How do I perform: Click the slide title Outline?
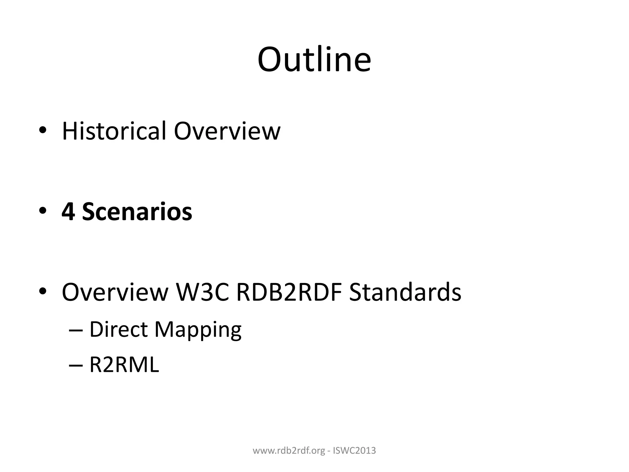click(314, 60)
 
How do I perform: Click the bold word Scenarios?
click(137, 212)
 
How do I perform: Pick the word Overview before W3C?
click(115, 292)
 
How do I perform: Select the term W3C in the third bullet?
click(202, 292)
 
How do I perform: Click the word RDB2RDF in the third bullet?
click(289, 292)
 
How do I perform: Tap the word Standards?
click(405, 292)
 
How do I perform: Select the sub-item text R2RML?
click(124, 365)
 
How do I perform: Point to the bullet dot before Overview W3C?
click(42, 291)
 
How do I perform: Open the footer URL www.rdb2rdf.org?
click(289, 450)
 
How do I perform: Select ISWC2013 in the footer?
click(354, 450)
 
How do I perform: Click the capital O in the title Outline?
click(271, 60)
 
